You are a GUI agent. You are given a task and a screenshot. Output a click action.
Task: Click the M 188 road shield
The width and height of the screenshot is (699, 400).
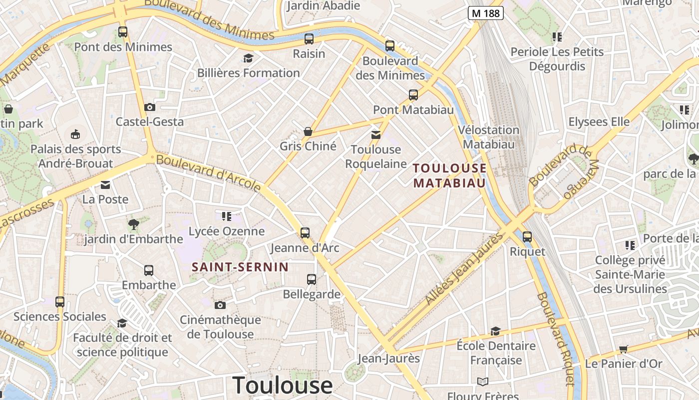click(485, 13)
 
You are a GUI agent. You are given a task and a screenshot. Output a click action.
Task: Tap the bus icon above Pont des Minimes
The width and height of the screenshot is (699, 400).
click(123, 32)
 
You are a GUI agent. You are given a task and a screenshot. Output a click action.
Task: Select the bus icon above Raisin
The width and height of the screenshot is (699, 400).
click(309, 38)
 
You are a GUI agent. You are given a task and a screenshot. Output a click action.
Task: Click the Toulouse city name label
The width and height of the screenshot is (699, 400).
click(283, 385)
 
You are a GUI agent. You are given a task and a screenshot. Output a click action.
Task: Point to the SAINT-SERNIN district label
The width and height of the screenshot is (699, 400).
click(240, 267)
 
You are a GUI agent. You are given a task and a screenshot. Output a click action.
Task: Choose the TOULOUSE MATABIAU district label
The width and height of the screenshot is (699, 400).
click(449, 175)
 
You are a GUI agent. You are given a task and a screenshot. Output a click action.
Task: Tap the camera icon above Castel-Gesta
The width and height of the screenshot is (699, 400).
click(149, 107)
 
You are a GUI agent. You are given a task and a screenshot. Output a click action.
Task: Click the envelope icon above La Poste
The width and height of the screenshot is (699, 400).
click(105, 185)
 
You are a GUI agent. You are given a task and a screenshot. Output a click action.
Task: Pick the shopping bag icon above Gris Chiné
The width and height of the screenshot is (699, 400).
click(308, 131)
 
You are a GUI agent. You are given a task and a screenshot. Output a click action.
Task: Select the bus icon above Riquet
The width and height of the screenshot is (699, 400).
click(527, 236)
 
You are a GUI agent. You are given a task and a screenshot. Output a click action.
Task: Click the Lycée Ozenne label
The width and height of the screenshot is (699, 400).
click(226, 231)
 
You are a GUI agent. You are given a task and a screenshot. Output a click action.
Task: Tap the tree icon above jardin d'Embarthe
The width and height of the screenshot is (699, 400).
click(133, 224)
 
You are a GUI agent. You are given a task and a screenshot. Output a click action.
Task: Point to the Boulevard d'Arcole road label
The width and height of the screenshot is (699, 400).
click(209, 173)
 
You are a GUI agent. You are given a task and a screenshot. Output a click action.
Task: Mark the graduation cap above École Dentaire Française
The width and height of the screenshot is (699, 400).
click(495, 331)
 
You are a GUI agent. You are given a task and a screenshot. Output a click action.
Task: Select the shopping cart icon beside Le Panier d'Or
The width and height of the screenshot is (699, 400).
click(623, 349)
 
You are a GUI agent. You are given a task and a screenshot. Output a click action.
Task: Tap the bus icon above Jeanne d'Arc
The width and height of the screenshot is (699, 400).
click(305, 232)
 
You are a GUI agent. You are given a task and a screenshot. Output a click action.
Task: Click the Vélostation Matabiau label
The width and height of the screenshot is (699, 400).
click(488, 137)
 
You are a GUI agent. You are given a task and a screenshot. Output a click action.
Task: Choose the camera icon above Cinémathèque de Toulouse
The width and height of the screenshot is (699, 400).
click(220, 305)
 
